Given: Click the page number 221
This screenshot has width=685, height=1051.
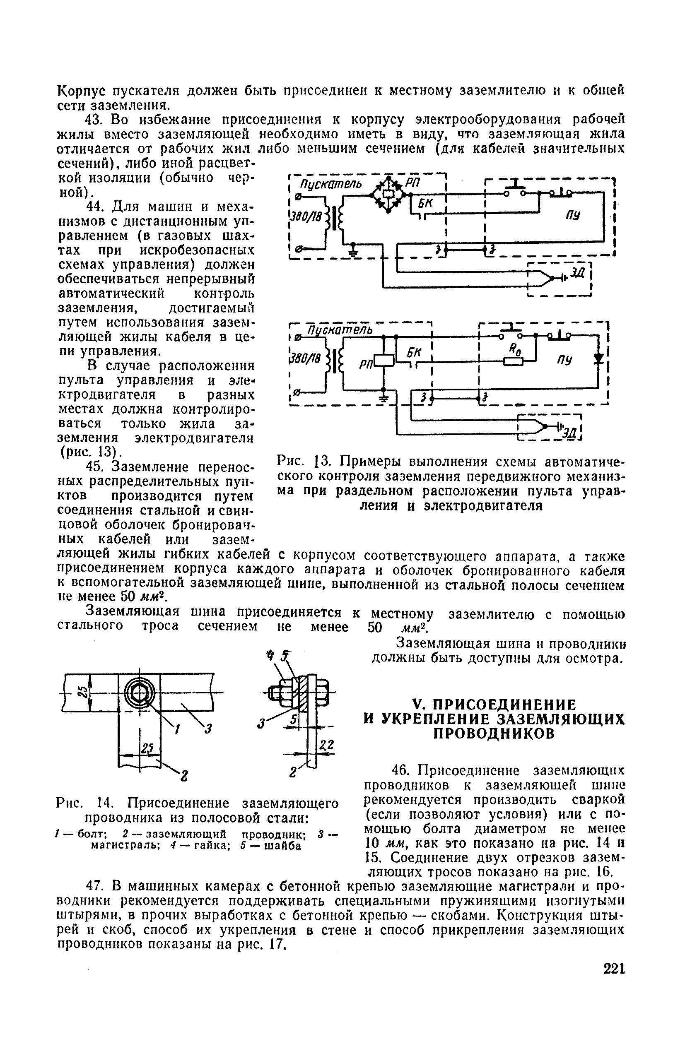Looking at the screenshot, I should [613, 969].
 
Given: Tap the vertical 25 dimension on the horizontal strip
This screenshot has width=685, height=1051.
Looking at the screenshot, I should [82, 693].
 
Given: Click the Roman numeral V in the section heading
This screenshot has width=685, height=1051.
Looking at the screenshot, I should [417, 704].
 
